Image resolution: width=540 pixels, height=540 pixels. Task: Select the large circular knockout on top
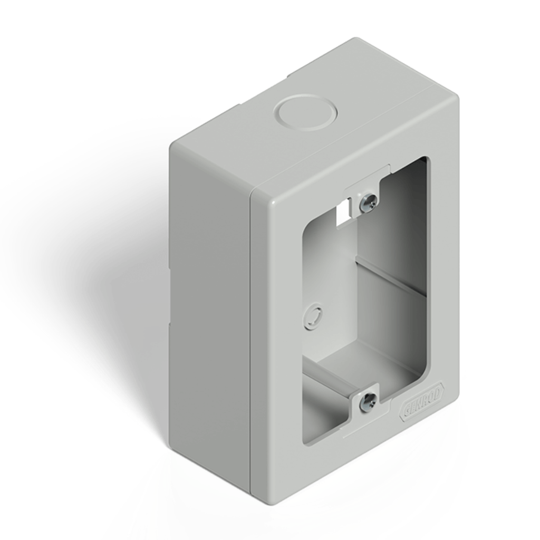tap(305, 112)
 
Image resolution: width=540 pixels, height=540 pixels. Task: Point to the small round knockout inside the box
tap(313, 316)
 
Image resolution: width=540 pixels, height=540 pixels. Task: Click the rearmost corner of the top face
tap(356, 40)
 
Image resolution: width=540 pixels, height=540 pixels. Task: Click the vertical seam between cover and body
tap(250, 343)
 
